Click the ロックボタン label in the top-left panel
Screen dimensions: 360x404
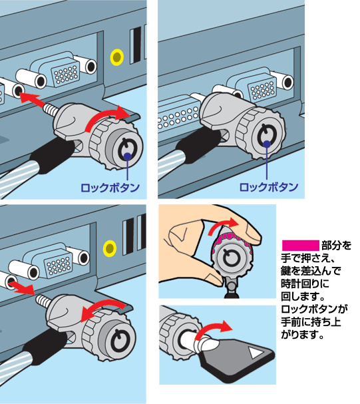[x=110, y=188]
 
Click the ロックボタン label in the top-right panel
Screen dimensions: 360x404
[x=269, y=187]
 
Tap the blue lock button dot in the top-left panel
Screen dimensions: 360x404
[x=128, y=156]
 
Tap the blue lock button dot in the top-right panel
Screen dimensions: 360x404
[x=268, y=144]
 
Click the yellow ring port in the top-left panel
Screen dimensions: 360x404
[x=117, y=57]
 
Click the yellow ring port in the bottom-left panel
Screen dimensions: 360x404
[x=110, y=248]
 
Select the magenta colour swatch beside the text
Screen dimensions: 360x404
[x=301, y=246]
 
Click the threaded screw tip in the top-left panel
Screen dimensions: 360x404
[x=51, y=109]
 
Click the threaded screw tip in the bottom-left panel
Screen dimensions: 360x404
[x=43, y=300]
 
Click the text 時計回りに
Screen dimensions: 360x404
[x=305, y=284]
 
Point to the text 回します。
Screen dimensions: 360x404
[x=303, y=296]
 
